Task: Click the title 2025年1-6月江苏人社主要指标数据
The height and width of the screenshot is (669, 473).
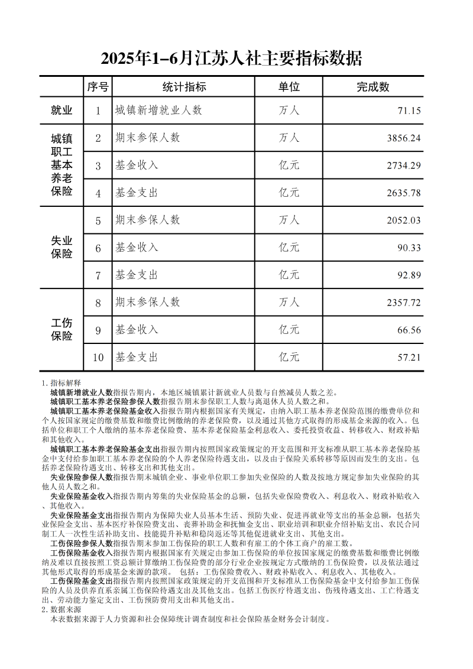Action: pos(231,59)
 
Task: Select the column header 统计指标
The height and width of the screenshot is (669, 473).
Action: pos(184,87)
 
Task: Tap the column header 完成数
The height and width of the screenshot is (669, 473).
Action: pos(373,87)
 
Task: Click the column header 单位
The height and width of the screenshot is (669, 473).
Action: pos(289,87)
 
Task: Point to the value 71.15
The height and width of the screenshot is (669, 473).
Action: pos(409,111)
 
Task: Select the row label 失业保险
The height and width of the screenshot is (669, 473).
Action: pos(61,248)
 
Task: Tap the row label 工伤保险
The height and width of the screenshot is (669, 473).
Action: pos(61,330)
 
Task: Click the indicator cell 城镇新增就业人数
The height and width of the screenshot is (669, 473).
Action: pos(158,111)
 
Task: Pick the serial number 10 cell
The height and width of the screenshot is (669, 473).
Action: pos(98,358)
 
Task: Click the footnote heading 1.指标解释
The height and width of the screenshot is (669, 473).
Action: pos(61,383)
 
